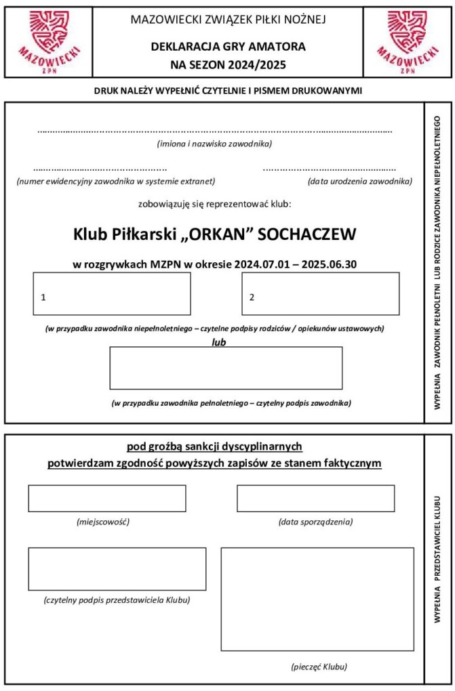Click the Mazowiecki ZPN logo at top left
[47, 41]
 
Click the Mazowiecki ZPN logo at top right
[408, 41]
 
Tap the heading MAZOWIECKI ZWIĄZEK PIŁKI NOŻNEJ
[228, 19]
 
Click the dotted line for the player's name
[215, 131]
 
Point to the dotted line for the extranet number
[100, 169]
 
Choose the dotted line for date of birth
[329, 169]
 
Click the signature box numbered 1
[112, 294]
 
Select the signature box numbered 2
[320, 294]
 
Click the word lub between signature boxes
[218, 342]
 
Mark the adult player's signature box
[226, 368]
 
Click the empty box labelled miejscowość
[106, 499]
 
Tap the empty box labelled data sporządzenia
[315, 499]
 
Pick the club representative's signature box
[117, 569]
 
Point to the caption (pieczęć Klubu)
[318, 667]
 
